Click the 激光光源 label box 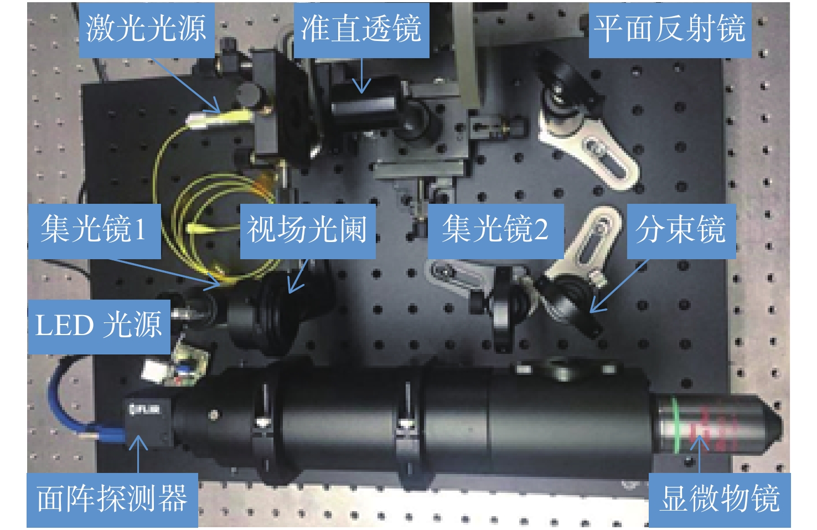tap(146, 30)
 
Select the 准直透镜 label tap(361, 30)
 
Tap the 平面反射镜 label tap(670, 30)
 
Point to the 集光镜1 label tap(94, 231)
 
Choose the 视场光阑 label tap(308, 231)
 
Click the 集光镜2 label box tap(495, 231)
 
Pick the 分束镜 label tap(681, 231)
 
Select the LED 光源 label tap(99, 327)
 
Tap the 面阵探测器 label tap(112, 500)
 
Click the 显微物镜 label tap(720, 500)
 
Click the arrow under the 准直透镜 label tap(362, 75)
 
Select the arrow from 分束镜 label tap(619, 285)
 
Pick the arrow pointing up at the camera tap(138, 454)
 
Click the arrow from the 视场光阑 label tap(298, 276)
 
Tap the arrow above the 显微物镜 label tap(699, 454)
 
